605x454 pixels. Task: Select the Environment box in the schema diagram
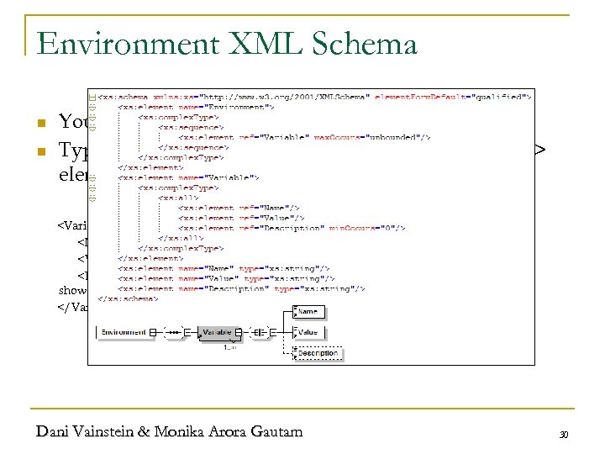pyautogui.click(x=124, y=333)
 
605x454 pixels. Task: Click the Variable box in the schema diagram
pyautogui.click(x=216, y=333)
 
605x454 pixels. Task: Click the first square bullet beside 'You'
pyautogui.click(x=41, y=124)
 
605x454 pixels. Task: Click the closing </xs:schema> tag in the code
pyautogui.click(x=128, y=298)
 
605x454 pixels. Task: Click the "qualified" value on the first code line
pyautogui.click(x=497, y=98)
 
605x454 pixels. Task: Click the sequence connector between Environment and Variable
pyautogui.click(x=174, y=333)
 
